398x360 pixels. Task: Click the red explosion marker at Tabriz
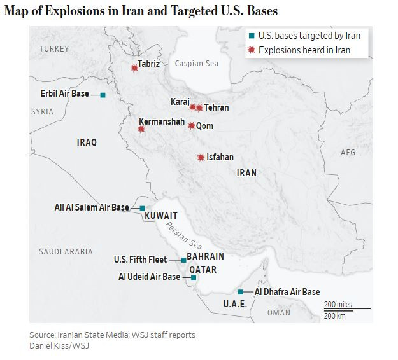coord(134,67)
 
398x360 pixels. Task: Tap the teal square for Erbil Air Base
coord(103,95)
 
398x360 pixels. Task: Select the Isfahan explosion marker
coord(201,157)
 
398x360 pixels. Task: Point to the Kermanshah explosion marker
coord(141,129)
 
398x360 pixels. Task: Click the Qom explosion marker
coord(191,126)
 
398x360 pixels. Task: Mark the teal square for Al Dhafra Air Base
coord(240,292)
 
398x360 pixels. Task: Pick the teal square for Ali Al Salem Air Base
coord(142,208)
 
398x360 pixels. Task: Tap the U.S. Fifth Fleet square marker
coord(183,260)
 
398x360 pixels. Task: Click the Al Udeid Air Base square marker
coord(194,278)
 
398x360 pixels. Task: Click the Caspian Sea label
coord(197,64)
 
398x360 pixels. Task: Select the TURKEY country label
coord(54,49)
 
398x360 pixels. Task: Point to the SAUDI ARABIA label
coord(66,252)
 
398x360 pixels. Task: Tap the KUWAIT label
coord(161,216)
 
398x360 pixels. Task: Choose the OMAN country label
coord(279,312)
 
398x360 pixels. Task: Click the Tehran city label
coord(217,108)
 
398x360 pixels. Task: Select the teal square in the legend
coord(252,37)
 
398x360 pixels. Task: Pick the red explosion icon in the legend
coord(252,50)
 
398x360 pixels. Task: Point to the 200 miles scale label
coord(338,305)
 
